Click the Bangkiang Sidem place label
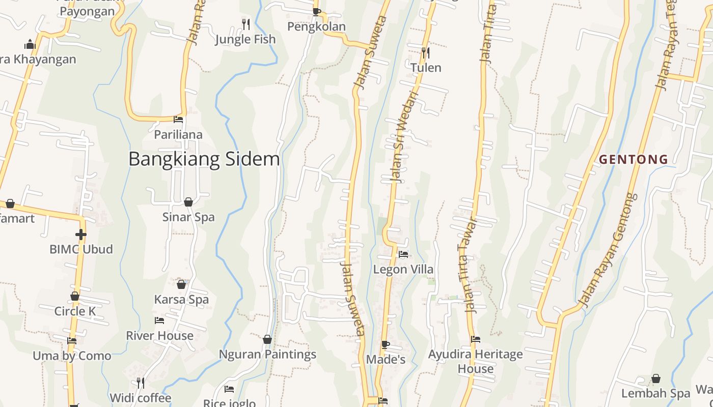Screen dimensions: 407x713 click(204, 159)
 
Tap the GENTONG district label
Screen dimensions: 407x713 click(634, 160)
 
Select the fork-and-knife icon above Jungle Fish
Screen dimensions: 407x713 click(246, 24)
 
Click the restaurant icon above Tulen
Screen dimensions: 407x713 click(426, 52)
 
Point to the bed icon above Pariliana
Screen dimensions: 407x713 click(178, 120)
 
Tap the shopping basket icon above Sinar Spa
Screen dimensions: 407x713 click(188, 202)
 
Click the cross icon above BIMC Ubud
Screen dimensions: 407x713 click(80, 235)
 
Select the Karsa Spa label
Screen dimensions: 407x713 click(181, 300)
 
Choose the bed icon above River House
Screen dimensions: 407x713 click(159, 321)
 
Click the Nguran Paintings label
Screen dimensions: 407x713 click(267, 355)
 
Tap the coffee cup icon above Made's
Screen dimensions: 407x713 click(386, 344)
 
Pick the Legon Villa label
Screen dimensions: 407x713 click(403, 269)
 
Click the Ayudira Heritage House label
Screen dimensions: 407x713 click(475, 361)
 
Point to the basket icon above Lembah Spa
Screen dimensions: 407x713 click(656, 379)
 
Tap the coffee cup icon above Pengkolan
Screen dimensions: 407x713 click(316, 12)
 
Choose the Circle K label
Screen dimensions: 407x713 click(75, 311)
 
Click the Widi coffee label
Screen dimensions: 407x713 click(141, 398)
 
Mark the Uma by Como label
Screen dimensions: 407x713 click(72, 356)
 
